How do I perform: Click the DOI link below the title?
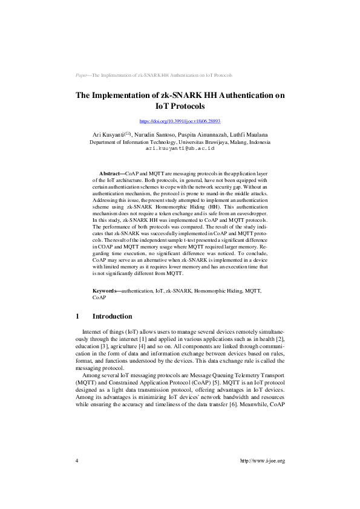point(180,121)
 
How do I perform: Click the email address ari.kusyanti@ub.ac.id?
point(180,148)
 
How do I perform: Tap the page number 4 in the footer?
point(77,461)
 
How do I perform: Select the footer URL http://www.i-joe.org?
point(262,461)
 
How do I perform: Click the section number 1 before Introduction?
point(77,316)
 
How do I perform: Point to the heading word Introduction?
point(112,316)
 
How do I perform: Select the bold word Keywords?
point(106,291)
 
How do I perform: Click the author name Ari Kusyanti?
point(108,134)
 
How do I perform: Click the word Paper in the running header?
point(82,75)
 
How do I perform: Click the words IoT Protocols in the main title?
point(180,106)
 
